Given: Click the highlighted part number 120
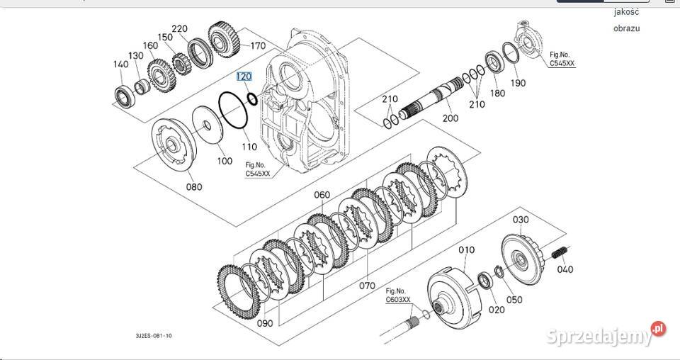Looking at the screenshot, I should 244,77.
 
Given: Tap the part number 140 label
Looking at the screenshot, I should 120,64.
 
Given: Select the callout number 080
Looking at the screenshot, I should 193,187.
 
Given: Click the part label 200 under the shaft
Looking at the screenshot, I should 450,118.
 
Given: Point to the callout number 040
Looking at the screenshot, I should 565,269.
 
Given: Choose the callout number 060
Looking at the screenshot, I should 322,195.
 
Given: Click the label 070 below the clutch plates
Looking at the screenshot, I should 366,286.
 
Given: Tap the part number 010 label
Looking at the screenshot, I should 466,249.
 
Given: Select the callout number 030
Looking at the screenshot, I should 521,220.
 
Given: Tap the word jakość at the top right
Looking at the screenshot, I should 627,11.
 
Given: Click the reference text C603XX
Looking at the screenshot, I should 397,299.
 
